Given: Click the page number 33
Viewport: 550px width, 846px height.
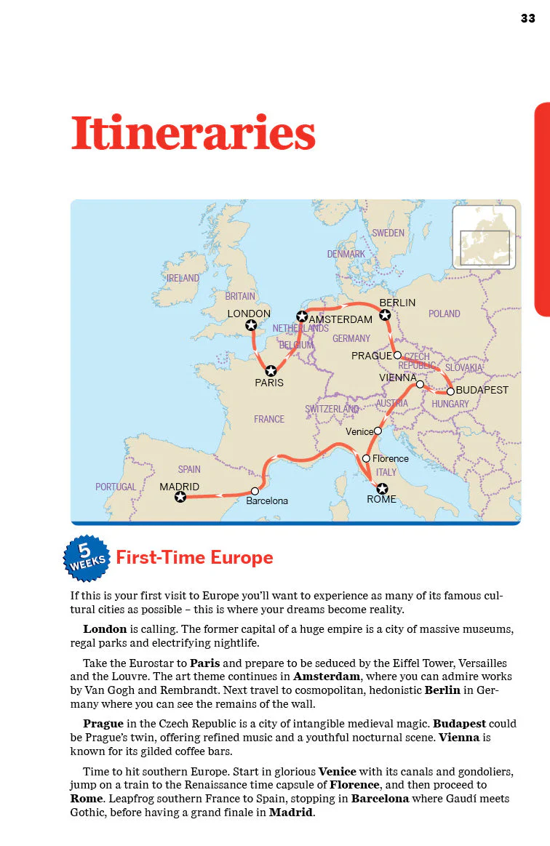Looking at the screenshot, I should tap(527, 18).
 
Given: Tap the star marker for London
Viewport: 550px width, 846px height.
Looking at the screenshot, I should tap(251, 325).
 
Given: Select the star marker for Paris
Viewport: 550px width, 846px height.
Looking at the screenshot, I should tap(271, 370).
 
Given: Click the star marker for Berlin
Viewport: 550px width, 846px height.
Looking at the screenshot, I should tap(385, 315).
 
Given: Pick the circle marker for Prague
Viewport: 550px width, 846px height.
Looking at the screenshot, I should tap(397, 356).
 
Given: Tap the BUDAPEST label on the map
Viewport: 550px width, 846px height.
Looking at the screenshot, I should tap(482, 391).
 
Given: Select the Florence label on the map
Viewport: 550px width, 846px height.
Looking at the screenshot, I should tap(390, 459).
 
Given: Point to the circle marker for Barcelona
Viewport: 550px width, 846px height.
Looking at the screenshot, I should tap(255, 491).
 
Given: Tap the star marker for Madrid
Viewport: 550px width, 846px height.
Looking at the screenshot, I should tap(180, 498).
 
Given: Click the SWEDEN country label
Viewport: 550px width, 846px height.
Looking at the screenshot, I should tap(388, 234).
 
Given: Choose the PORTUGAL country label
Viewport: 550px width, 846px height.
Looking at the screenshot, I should tap(116, 487).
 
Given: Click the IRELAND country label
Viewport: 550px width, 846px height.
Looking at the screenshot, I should tap(183, 279).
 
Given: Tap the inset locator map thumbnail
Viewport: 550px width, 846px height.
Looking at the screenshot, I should tap(484, 237).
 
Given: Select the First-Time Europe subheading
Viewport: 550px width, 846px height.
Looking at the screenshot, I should tap(195, 558).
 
